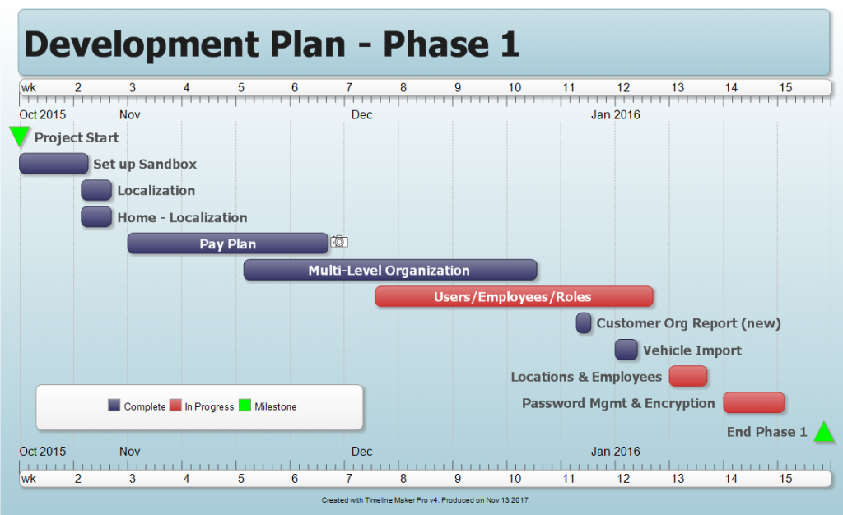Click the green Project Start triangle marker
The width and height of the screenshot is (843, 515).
coord(19,136)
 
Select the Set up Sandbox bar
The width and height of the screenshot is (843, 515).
coord(54,164)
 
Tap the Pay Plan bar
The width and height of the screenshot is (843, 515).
coord(228,244)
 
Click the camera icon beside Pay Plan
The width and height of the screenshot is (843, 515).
coord(339,242)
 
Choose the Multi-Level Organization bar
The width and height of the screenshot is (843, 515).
coord(390,270)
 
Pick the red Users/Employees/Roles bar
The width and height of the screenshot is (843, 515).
coord(514,297)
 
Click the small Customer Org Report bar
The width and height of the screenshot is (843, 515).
coord(584,323)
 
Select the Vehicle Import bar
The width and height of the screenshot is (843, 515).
coord(626,350)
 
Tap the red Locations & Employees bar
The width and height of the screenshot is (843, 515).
coord(688,376)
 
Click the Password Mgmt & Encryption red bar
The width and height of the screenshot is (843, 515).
coord(753,402)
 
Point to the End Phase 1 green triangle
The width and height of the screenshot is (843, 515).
coord(824,433)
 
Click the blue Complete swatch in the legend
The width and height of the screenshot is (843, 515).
coord(114,406)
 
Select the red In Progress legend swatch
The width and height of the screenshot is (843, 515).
coord(175,406)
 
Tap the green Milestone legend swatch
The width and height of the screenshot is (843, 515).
coord(245,406)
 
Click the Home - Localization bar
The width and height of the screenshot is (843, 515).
coord(96,217)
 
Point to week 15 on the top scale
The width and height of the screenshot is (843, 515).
coord(785,88)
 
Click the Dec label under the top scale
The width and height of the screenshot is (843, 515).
coord(361,114)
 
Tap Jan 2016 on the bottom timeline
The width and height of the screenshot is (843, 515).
coord(615,451)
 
